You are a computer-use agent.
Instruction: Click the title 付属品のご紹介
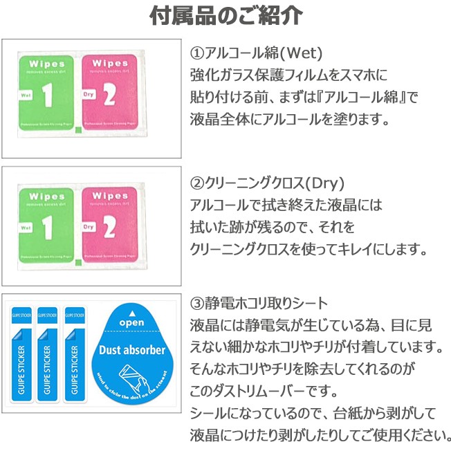click(225, 17)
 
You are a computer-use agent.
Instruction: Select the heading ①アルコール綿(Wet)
click(257, 53)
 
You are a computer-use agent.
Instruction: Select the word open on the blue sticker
click(132, 323)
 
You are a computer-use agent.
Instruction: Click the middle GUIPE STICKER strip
click(48, 353)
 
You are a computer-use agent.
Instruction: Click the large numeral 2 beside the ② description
click(109, 226)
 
